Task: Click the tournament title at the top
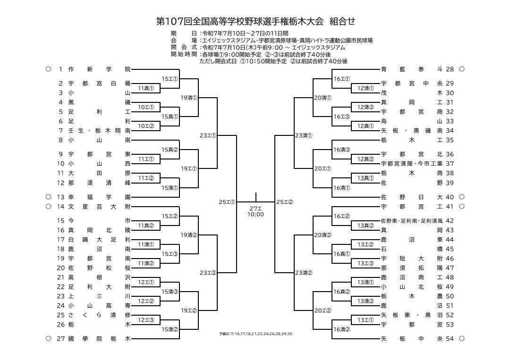tap(255, 21)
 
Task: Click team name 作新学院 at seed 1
tap(99, 69)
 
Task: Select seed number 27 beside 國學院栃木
tap(61, 339)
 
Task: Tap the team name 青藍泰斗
tap(412, 69)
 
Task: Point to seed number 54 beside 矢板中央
tap(450, 339)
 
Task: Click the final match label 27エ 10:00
tap(255, 211)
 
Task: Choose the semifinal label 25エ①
tap(227, 202)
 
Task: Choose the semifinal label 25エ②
tap(285, 202)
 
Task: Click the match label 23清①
tap(304, 135)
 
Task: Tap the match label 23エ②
tap(208, 273)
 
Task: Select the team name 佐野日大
tap(412, 197)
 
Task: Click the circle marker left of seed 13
tap(49, 197)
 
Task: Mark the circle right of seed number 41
tap(462, 206)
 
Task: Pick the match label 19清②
tap(189, 235)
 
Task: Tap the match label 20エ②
tap(323, 310)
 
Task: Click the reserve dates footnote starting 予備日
tap(255, 334)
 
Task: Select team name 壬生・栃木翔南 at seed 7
tap(99, 131)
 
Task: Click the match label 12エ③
tap(146, 320)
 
